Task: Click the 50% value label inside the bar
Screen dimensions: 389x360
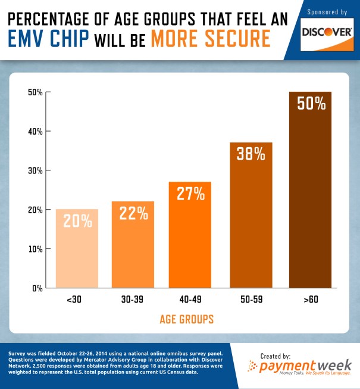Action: coord(311,104)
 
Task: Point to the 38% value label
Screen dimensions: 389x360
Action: coord(251,154)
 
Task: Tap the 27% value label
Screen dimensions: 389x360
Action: coord(190,193)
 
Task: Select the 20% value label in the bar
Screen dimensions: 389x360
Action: coord(77,221)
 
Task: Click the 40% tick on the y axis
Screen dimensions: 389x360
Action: coord(35,131)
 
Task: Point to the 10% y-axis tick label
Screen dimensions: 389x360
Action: coord(35,249)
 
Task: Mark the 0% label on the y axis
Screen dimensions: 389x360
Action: coord(37,288)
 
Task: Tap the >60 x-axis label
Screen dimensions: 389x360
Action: coord(310,300)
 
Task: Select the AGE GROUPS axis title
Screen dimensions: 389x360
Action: coord(186,320)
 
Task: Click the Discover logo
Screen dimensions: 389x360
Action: coord(325,32)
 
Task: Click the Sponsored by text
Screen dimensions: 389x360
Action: coord(326,12)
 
